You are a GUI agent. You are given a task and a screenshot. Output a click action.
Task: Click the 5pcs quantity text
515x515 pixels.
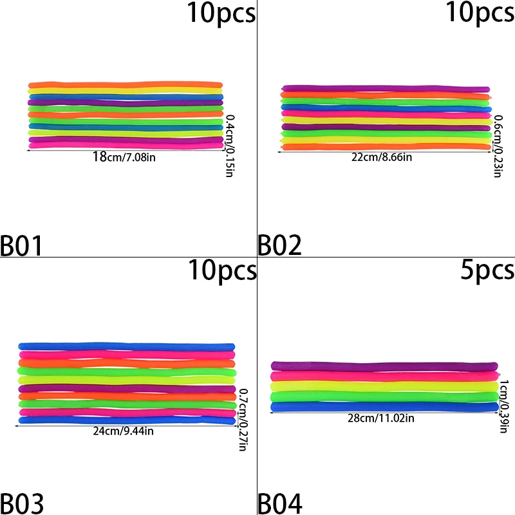(487, 270)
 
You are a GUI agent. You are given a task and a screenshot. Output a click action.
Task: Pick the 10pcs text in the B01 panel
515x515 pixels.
(221, 13)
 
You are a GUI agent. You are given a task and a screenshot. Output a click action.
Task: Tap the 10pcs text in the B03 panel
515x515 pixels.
(221, 270)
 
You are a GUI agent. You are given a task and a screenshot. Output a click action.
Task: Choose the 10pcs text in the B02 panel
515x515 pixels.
(480, 13)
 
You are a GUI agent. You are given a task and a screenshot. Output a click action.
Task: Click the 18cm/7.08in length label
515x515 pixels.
(124, 156)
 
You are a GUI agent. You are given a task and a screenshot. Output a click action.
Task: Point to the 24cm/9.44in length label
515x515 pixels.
(124, 431)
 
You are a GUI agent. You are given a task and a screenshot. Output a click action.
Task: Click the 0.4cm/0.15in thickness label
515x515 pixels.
(229, 145)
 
